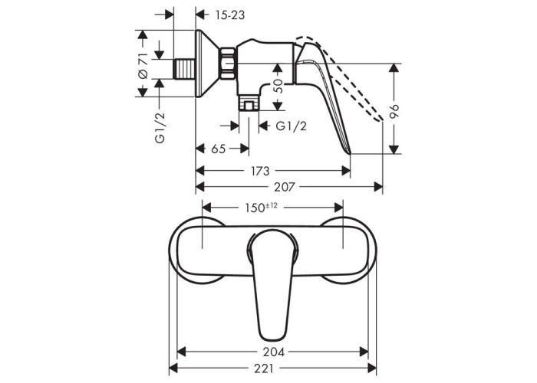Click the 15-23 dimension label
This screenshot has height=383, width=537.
tap(230, 15)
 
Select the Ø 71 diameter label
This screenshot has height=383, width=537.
tap(143, 66)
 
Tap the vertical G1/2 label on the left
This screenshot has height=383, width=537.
tap(160, 127)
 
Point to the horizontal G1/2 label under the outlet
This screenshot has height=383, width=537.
tap(291, 126)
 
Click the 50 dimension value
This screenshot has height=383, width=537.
tap(278, 86)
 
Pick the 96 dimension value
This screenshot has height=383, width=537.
tap(395, 111)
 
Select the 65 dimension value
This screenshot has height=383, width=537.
tap(218, 149)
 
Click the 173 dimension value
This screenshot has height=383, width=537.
tap(259, 171)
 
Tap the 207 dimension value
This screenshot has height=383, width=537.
tap(285, 187)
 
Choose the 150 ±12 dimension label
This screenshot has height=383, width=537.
tap(261, 207)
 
